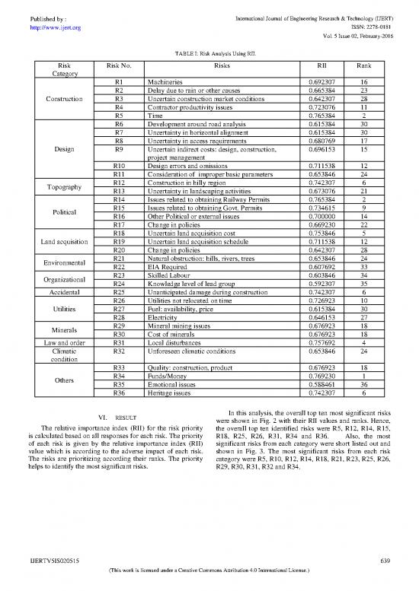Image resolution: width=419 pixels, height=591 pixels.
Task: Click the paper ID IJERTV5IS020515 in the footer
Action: (55, 561)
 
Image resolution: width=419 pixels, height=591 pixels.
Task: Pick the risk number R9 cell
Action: (119, 150)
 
